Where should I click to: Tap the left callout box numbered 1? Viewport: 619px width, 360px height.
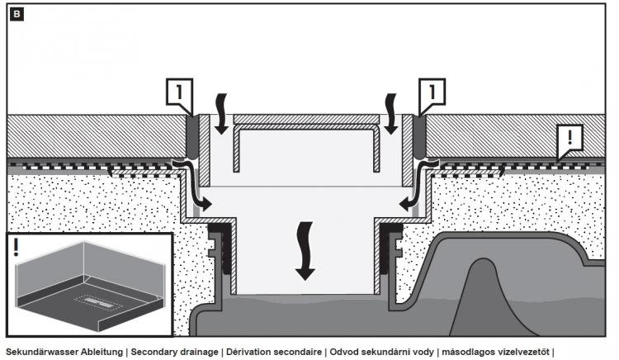point(182,93)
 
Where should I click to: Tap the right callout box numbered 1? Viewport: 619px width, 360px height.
point(432,93)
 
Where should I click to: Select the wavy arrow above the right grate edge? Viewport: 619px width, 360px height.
point(391,111)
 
